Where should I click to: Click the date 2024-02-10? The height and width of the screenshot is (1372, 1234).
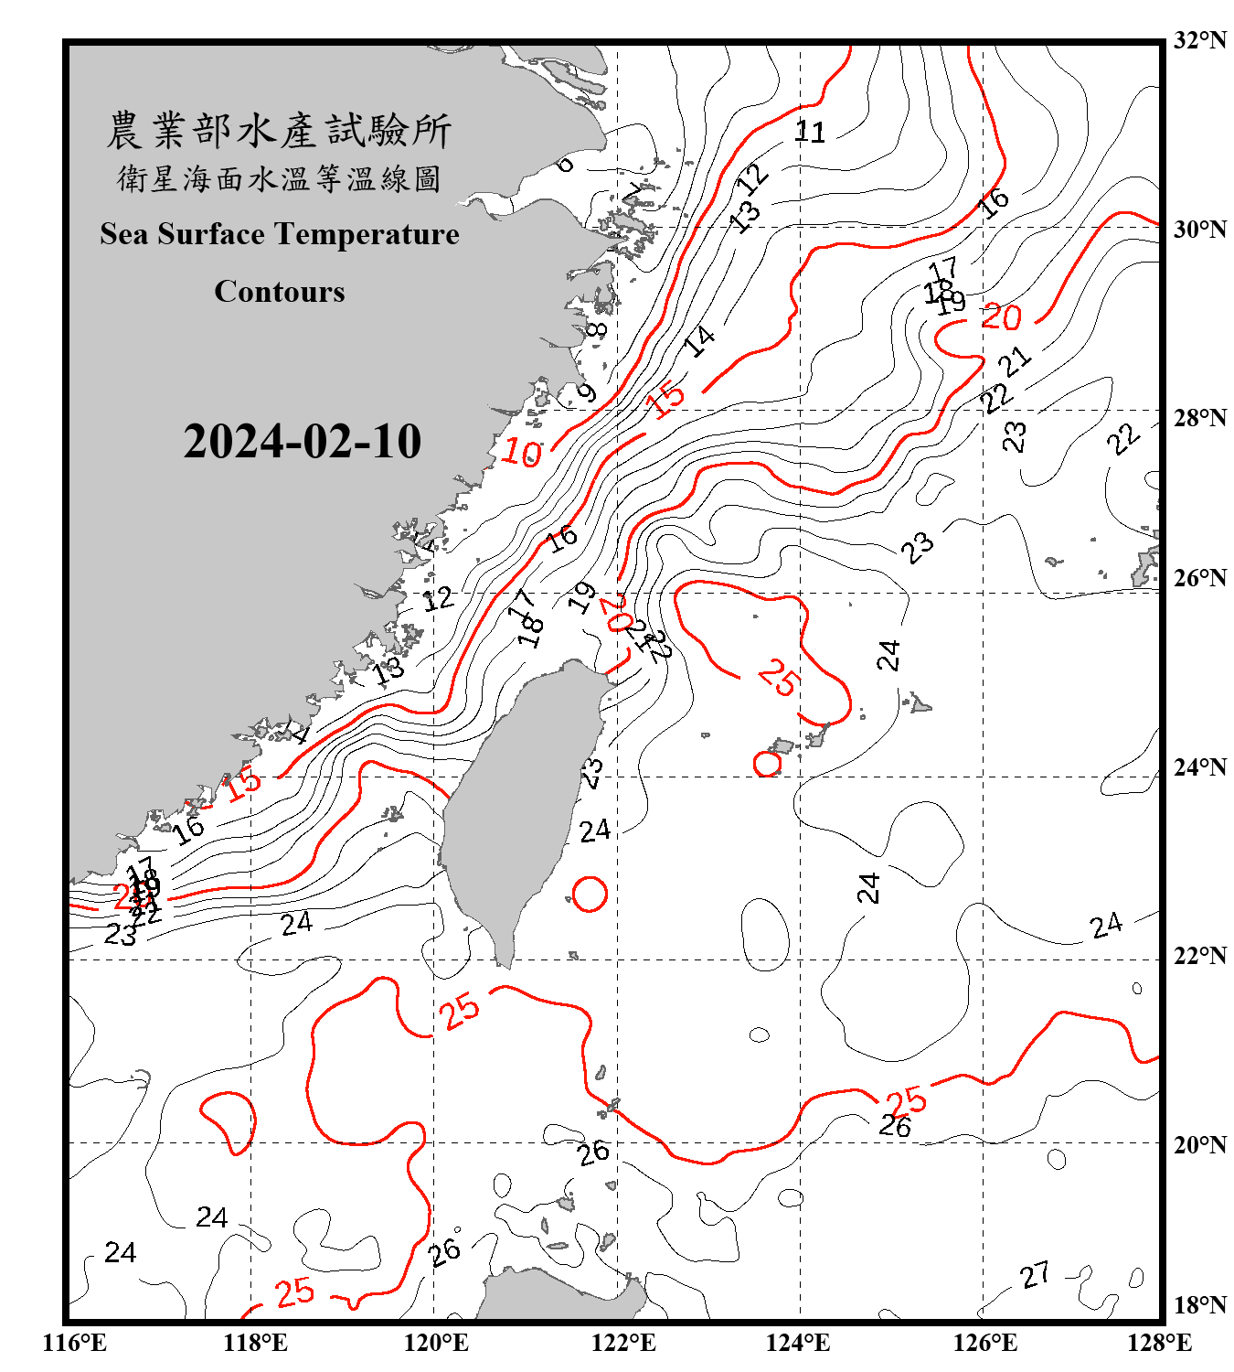click(x=302, y=442)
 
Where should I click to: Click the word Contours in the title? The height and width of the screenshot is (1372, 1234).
click(x=280, y=291)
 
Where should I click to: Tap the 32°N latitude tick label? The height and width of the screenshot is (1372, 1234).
click(x=1199, y=40)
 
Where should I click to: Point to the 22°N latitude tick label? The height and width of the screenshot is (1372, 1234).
click(x=1199, y=956)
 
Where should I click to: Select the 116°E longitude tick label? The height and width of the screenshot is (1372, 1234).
click(x=75, y=1343)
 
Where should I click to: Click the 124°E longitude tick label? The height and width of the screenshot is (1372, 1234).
click(x=798, y=1343)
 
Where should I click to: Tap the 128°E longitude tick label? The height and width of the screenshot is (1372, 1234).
click(x=1159, y=1343)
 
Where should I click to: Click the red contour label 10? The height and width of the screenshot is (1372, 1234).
click(x=522, y=452)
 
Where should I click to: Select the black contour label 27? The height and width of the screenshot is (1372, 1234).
click(x=1035, y=1274)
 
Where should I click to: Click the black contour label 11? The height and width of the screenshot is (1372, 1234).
click(x=810, y=133)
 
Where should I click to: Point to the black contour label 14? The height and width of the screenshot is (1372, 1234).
click(x=700, y=341)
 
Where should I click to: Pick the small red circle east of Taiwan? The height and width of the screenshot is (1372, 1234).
click(x=590, y=894)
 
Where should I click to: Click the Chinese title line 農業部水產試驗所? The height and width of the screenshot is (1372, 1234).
click(x=279, y=130)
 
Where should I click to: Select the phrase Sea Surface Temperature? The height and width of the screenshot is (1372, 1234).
click(x=280, y=234)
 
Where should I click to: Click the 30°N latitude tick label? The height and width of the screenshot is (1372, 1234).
click(x=1199, y=229)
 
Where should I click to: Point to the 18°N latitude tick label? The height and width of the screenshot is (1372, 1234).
click(x=1199, y=1305)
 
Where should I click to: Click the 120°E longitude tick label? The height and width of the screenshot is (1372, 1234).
click(x=436, y=1343)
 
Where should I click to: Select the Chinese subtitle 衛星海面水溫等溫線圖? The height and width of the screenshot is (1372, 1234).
click(x=279, y=178)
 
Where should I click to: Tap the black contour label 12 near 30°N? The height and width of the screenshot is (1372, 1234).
click(x=753, y=177)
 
